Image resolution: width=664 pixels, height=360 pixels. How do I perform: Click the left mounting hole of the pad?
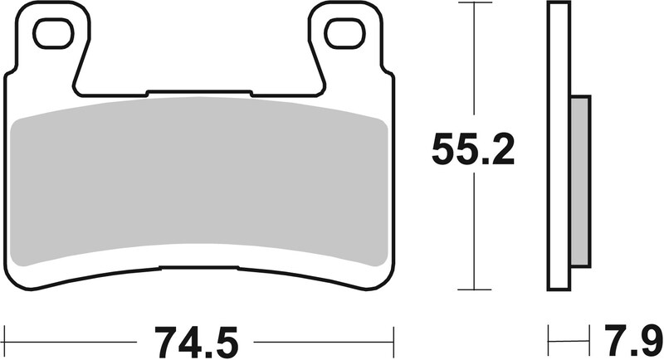52,33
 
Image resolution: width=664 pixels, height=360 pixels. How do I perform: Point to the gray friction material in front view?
199,178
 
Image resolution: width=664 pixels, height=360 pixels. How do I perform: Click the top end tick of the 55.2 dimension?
473,3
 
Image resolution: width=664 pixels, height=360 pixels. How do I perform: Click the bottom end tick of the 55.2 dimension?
473,289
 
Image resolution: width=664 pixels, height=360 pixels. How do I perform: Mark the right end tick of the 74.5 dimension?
391,338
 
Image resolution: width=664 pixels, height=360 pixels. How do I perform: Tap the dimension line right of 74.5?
324,338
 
